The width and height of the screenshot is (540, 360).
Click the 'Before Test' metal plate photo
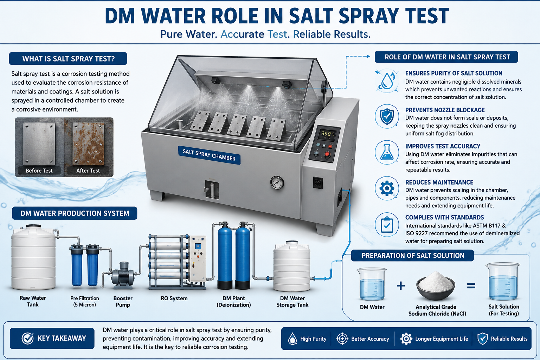coord(39,144)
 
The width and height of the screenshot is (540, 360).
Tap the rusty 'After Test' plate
coord(88,144)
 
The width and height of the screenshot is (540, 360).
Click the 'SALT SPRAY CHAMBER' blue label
coord(209,155)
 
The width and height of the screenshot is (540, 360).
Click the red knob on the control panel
coord(327,154)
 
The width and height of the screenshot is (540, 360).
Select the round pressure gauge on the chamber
coord(277,182)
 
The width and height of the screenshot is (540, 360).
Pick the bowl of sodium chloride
coord(435,285)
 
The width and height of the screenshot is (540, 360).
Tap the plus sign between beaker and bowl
coord(401,286)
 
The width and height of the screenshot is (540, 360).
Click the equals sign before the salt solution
coord(471,286)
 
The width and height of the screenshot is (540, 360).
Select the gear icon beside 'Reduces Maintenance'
coord(387,188)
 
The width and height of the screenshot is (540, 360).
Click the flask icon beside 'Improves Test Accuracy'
coord(387,152)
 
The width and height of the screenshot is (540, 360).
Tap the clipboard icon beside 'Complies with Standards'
coord(387,225)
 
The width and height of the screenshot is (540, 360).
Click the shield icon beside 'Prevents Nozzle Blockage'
coord(387,116)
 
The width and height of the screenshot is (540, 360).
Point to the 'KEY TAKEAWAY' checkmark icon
coord(27,338)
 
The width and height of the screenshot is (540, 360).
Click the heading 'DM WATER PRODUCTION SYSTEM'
coord(75,213)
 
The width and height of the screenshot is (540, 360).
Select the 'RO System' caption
coord(174,298)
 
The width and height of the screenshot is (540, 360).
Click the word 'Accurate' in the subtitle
coord(242,34)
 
